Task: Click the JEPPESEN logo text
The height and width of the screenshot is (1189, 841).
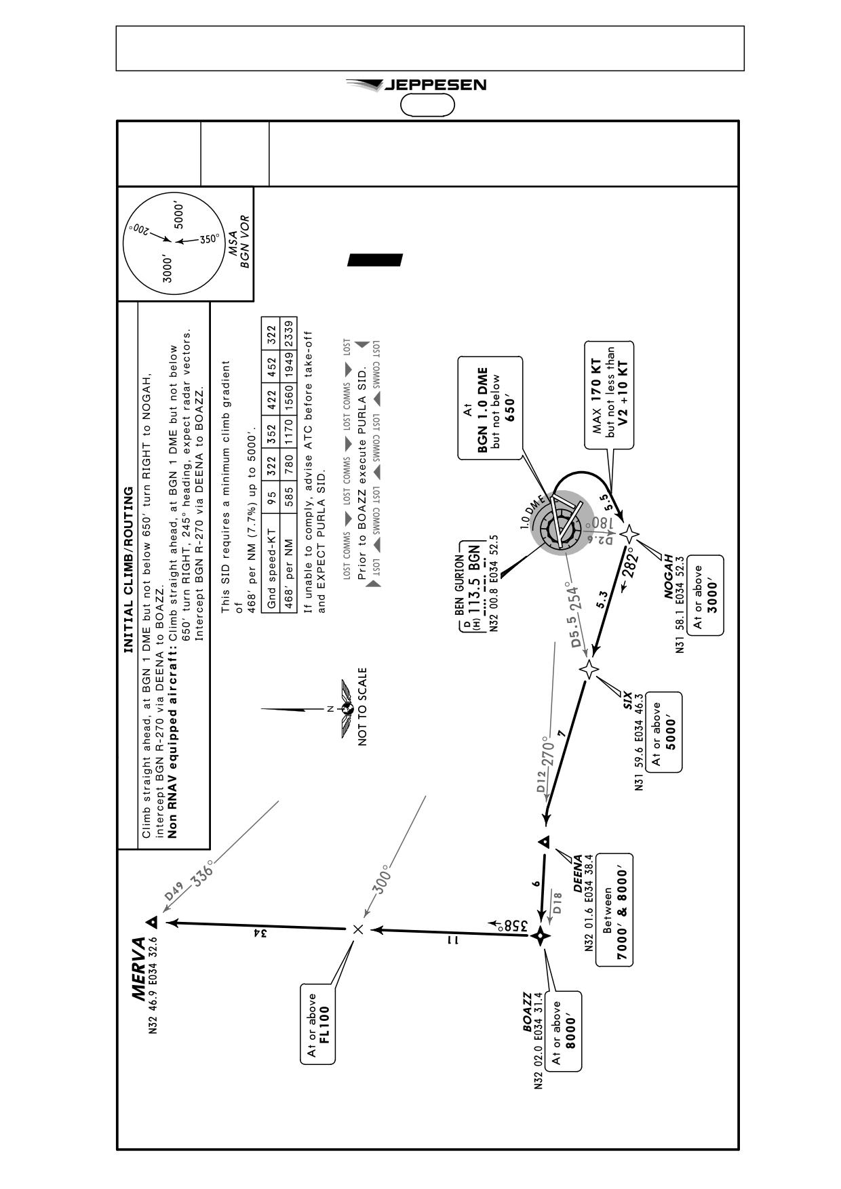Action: pyautogui.click(x=435, y=85)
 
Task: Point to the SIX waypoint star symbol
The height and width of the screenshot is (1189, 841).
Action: pyautogui.click(x=589, y=670)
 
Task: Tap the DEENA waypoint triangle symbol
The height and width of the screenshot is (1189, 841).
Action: pyautogui.click(x=544, y=841)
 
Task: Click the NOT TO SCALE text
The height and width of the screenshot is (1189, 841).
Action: pyautogui.click(x=363, y=707)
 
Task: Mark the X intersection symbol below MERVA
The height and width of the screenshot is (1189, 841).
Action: pyautogui.click(x=358, y=929)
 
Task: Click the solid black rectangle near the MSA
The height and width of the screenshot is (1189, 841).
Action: pyautogui.click(x=375, y=260)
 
